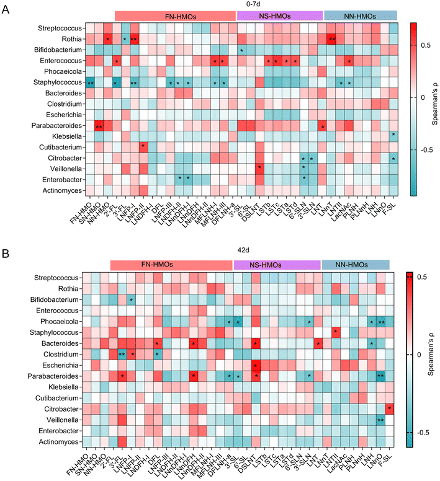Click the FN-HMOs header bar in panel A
pos(176,15)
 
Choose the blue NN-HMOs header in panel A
pos(361,15)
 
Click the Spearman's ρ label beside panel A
pos(431,98)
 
